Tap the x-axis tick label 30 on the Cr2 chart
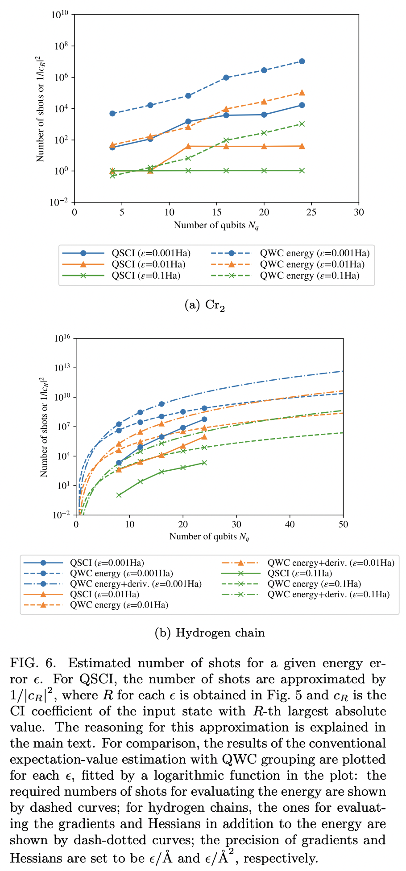(358, 212)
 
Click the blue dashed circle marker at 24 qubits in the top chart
(302, 61)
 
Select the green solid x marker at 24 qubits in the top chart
(302, 170)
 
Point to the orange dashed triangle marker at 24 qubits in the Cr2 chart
(302, 93)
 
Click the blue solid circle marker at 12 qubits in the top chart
(188, 121)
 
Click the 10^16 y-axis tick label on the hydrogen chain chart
(63, 339)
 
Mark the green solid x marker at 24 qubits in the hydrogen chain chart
(204, 463)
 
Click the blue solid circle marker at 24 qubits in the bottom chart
(204, 419)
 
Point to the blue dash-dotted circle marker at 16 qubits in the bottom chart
(162, 404)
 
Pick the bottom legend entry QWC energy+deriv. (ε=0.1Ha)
(328, 594)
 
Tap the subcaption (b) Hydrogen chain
(209, 633)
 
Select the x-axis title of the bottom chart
(209, 537)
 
